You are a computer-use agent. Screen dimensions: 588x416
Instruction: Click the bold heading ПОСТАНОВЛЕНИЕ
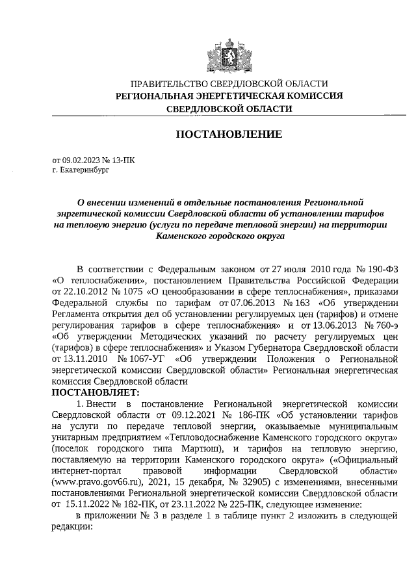pos(229,134)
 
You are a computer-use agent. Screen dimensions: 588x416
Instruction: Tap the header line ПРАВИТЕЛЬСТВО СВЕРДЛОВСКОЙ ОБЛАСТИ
pos(229,84)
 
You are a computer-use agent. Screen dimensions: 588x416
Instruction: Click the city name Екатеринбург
pos(86,168)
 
